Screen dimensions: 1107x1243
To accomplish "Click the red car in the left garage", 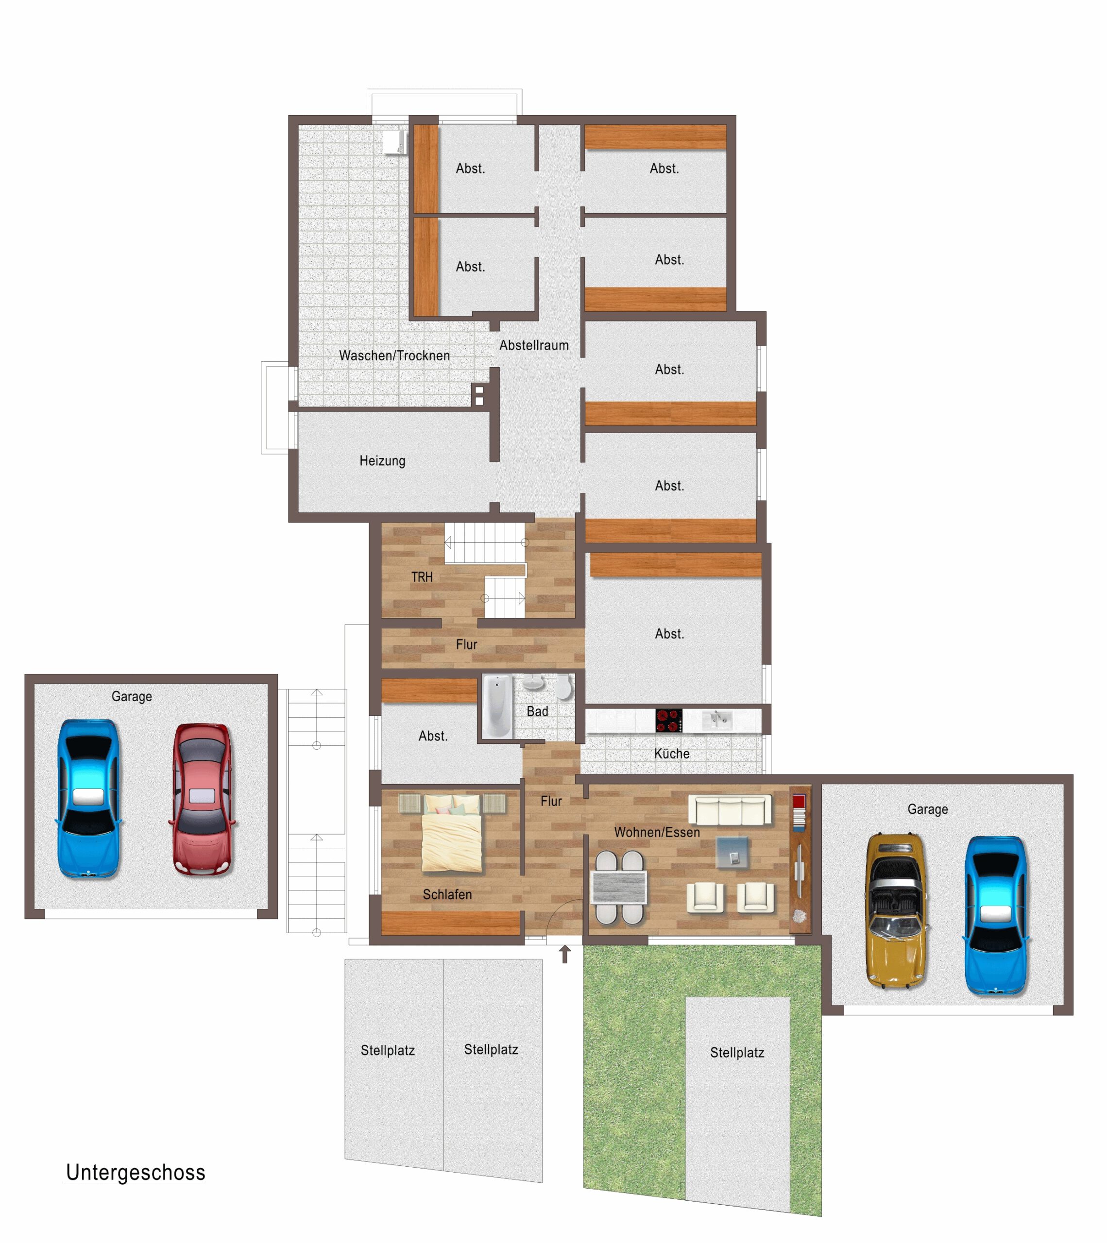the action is tap(202, 798).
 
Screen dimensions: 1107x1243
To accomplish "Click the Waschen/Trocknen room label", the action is tap(394, 356).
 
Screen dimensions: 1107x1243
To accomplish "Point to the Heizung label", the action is tap(382, 461).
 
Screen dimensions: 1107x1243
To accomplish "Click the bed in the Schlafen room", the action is tap(452, 834).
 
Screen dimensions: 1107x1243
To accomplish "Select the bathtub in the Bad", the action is tap(497, 706).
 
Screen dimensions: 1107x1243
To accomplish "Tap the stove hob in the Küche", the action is tap(668, 721).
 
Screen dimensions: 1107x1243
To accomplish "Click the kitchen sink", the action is tap(718, 721).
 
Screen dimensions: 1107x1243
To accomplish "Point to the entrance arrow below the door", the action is tap(565, 954).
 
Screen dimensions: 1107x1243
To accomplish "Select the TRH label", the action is tap(422, 577).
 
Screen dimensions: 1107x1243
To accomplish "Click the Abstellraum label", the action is tap(534, 345).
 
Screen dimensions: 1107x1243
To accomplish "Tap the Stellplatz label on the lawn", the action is tap(737, 1053).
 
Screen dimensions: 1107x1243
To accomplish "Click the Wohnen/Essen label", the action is tap(657, 833).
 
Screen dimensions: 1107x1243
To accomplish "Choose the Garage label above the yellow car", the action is tap(928, 809).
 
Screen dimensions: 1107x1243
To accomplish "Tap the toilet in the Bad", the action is tap(564, 686).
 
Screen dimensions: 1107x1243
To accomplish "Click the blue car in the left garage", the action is tap(89, 798).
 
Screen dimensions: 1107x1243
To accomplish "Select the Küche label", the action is tap(671, 754).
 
